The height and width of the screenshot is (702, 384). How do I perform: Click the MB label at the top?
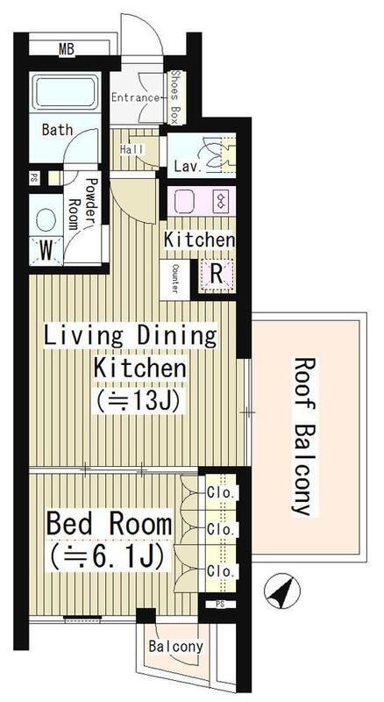coord(67,49)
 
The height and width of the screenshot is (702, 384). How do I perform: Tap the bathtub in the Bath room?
coord(66,92)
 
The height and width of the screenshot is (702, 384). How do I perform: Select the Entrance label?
coord(135,97)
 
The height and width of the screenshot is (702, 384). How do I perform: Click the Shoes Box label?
coord(174,97)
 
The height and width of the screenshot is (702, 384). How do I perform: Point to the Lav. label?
coord(188,167)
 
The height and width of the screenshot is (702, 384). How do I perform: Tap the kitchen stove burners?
coord(221,200)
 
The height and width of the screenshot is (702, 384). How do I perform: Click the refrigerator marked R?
coord(217,274)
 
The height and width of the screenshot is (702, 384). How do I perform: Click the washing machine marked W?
coord(46,251)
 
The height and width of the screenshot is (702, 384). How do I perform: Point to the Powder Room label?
coord(82,204)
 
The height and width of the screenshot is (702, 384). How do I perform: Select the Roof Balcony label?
coord(304,436)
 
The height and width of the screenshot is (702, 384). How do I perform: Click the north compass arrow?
coord(282,590)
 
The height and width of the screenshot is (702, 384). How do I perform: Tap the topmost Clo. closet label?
coord(221,494)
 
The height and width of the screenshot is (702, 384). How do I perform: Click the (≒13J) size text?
coord(138,399)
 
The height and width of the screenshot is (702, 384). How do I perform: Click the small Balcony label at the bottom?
coord(176,646)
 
